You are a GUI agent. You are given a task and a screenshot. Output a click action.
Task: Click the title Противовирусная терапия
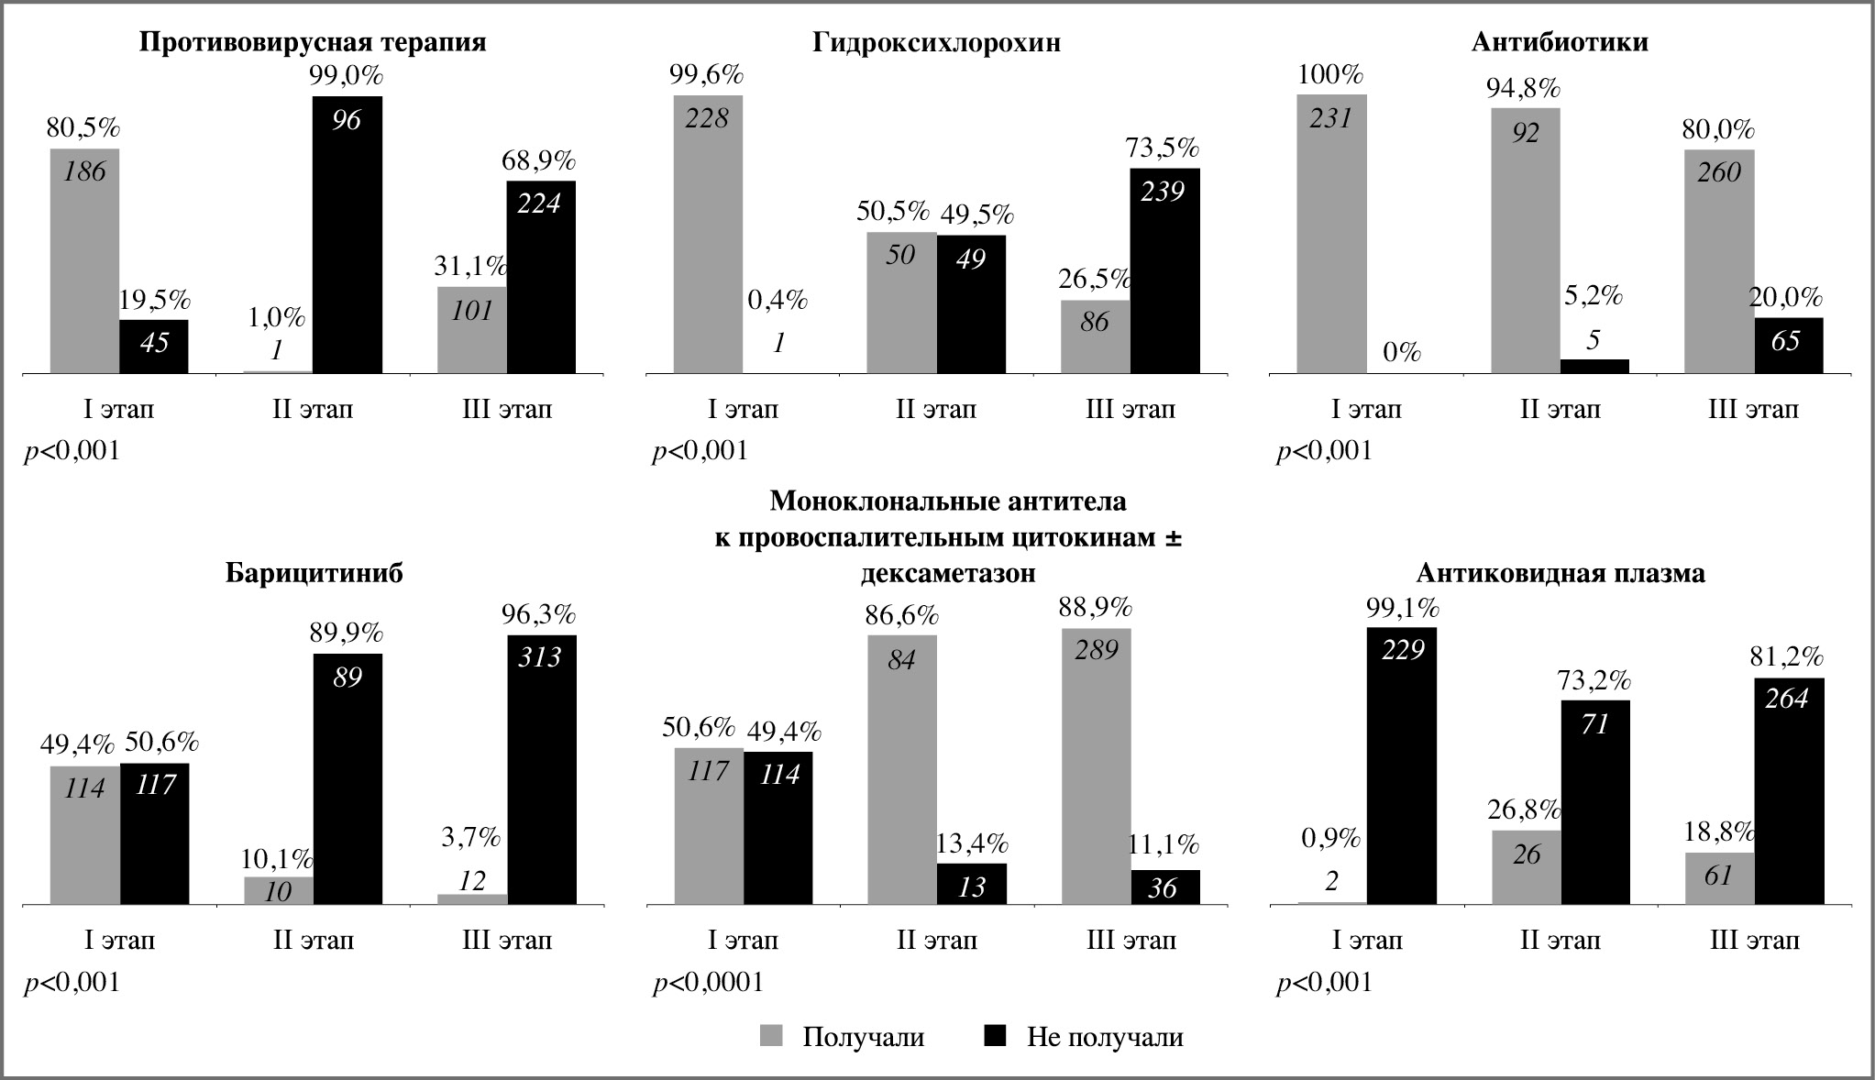pos(312,42)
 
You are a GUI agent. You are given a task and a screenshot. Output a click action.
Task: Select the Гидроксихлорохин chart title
pos(936,42)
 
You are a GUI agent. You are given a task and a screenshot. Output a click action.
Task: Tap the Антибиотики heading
pos(1560,42)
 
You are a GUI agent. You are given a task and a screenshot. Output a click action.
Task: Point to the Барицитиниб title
pos(314,574)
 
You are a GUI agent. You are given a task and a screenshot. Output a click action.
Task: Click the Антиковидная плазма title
pos(1561,574)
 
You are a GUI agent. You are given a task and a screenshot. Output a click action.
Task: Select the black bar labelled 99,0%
pos(347,234)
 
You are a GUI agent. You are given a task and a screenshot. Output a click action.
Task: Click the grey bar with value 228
pos(708,234)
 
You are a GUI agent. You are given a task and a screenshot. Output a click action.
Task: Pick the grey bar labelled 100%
pos(1331,234)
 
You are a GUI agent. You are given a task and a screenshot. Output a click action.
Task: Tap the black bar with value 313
pos(541,770)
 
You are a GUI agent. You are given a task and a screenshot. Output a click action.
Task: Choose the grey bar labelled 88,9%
pos(1096,766)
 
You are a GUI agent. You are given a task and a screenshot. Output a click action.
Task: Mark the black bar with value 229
pos(1401,766)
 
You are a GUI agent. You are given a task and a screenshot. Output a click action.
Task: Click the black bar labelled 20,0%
pos(1788,346)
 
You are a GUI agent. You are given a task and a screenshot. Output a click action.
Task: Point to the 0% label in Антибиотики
pos(1401,352)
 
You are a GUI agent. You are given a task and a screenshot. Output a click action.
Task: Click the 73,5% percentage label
pos(1164,148)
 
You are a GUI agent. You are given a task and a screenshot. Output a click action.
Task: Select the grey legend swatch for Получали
pos(772,1035)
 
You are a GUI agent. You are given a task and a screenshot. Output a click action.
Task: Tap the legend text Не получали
pos(1104,1037)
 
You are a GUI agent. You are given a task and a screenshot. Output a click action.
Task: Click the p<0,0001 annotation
pos(708,983)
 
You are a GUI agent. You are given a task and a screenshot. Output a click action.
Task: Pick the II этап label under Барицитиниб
pos(313,941)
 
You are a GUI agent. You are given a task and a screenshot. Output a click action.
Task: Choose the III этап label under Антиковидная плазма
pos(1754,941)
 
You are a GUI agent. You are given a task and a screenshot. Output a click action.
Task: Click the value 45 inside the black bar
pos(154,343)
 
